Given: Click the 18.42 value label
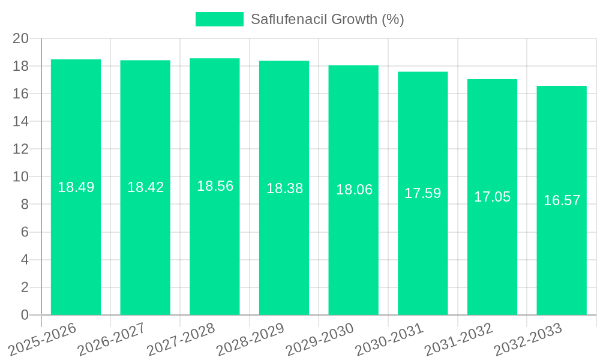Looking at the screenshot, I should coord(145,187).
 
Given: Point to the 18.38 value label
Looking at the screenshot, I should coord(284,188).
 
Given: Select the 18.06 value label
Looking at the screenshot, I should coord(354,190).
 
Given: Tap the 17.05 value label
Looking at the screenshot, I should coord(492,197).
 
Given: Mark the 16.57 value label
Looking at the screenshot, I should coord(562,200).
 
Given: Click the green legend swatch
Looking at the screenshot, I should coord(219,19).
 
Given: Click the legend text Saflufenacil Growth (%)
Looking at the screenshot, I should coord(327,19).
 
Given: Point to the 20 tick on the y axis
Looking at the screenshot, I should coord(21,38).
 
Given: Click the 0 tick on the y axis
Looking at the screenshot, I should coord(25,315).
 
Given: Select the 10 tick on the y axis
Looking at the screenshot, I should coord(21,176).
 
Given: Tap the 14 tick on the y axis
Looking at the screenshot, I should coord(21,121).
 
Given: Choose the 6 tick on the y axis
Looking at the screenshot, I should coord(25,232).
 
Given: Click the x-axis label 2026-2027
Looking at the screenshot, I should coord(112,339).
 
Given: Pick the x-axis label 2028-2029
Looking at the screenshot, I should coord(250,339).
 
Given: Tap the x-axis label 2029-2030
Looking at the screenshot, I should coord(320,339).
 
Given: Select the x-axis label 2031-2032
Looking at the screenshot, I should coord(458,339).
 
